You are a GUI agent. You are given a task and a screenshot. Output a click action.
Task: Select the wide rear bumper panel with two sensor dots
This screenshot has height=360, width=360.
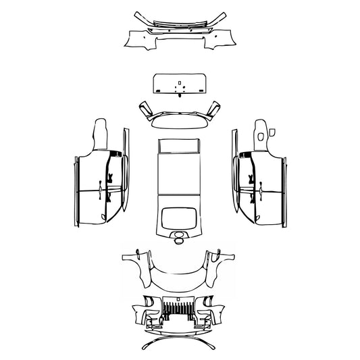tap(179, 38)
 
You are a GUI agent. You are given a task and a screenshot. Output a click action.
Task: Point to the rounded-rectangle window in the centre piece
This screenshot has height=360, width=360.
tap(179, 217)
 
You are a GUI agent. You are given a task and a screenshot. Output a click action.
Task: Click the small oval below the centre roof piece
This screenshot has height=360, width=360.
tap(179, 237)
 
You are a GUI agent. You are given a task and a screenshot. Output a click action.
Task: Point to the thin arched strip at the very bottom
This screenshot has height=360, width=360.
tap(179, 343)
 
